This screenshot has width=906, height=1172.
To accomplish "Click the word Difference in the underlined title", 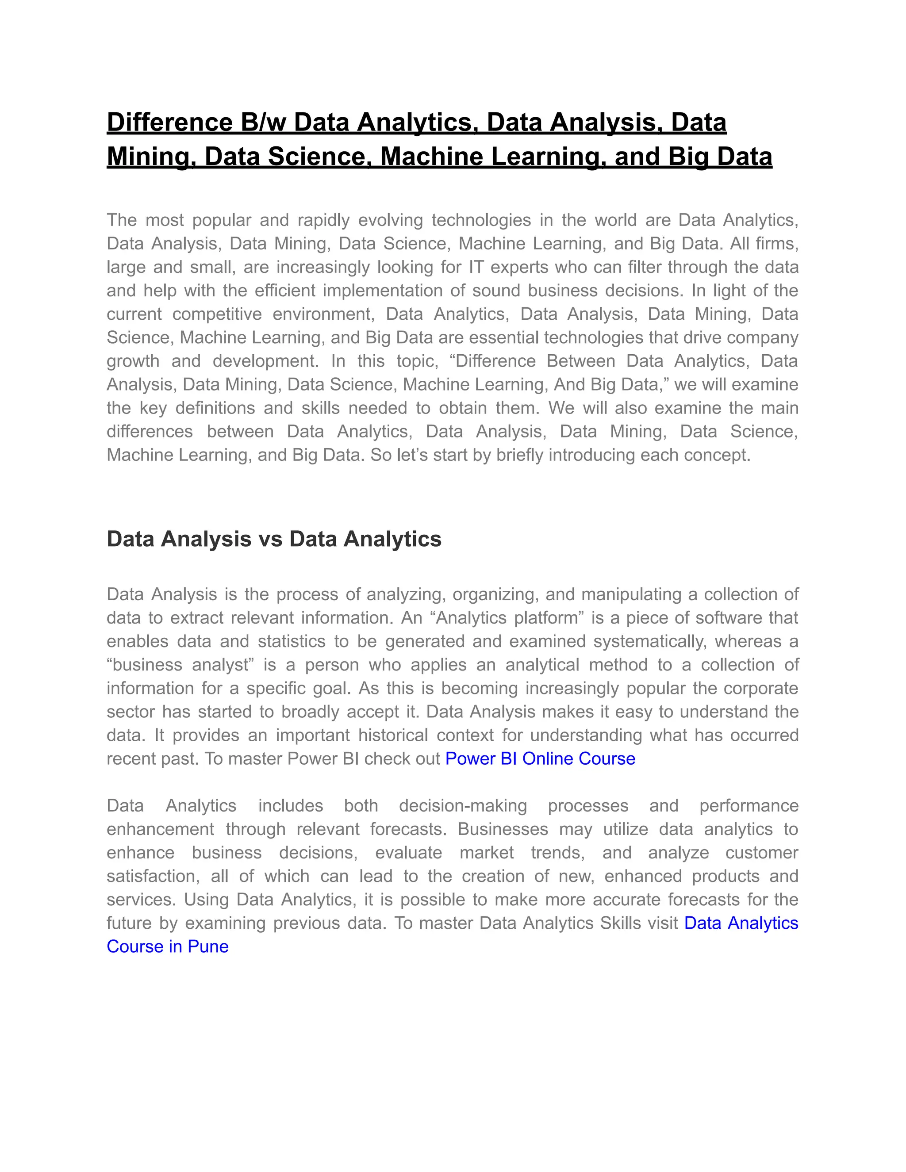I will [x=169, y=123].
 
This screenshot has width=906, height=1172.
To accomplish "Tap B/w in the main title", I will [x=264, y=123].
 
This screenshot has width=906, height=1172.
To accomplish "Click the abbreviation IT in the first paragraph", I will [x=475, y=267].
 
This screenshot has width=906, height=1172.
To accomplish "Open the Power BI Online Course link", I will [x=540, y=759].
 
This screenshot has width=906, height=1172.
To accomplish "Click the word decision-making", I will [x=463, y=806].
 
